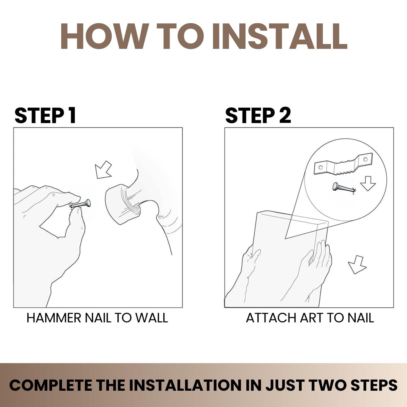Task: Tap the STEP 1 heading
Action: (x=45, y=115)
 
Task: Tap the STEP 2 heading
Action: (x=258, y=115)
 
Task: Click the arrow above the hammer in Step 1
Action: (x=103, y=170)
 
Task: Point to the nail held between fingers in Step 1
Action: (x=81, y=204)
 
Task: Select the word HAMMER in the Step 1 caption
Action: (x=54, y=318)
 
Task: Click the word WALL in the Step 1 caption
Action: (x=152, y=318)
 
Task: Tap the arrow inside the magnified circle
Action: (x=368, y=183)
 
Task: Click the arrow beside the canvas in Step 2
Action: (x=357, y=265)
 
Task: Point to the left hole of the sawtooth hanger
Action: (x=321, y=168)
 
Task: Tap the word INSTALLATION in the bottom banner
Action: (x=185, y=386)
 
